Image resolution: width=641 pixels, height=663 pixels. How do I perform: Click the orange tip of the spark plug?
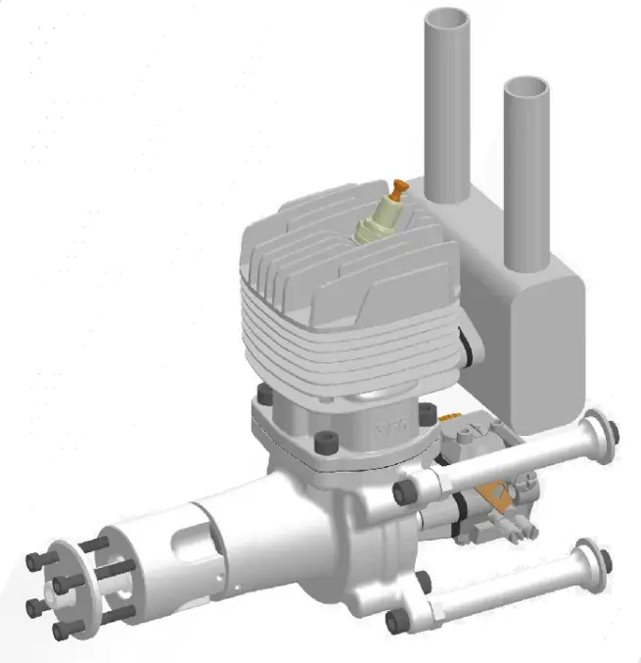coord(398,188)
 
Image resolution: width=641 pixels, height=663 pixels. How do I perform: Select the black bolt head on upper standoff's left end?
coord(400,492)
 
